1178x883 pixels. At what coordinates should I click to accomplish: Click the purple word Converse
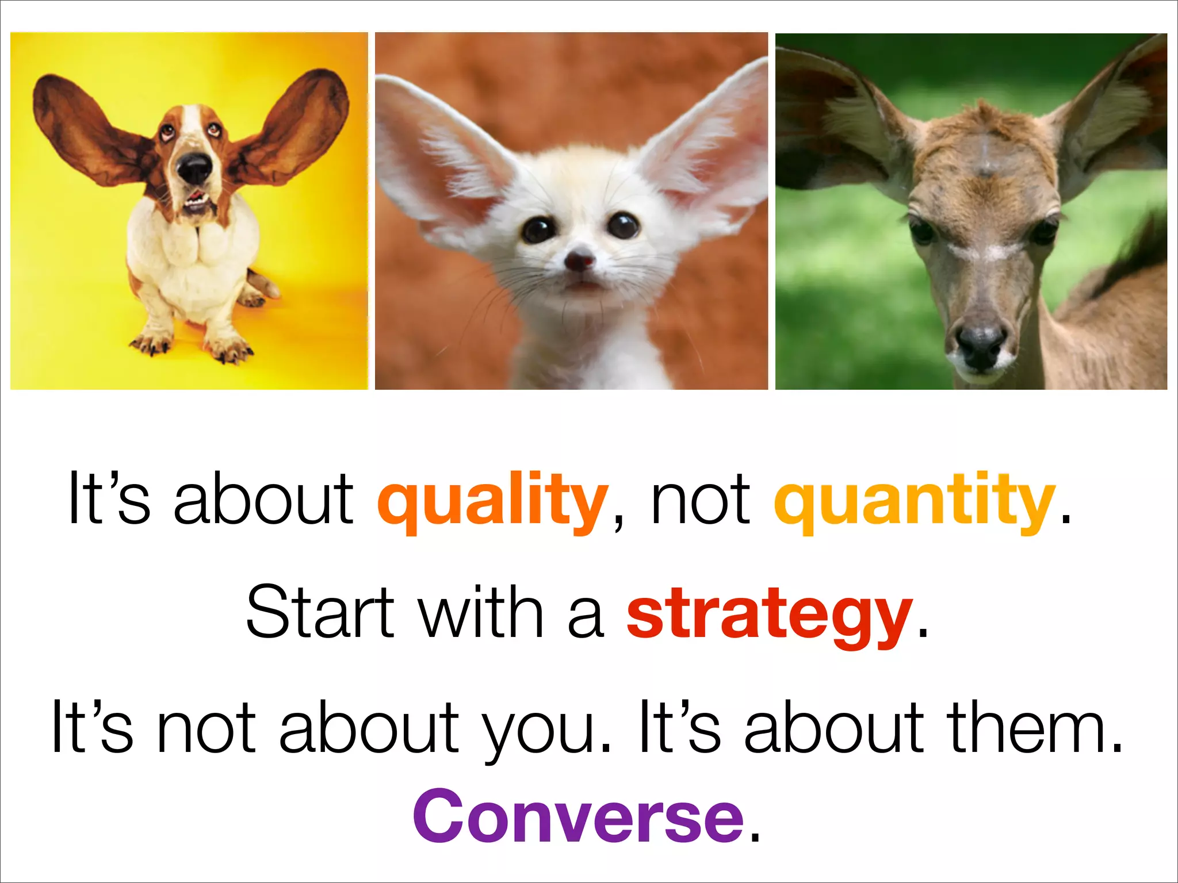coord(578,816)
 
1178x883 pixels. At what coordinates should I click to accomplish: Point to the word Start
coord(320,612)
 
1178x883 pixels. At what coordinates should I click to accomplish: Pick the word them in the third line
coord(1033,728)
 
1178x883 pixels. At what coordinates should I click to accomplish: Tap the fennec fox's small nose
coord(579,260)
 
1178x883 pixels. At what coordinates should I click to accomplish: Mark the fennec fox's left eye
coord(537,229)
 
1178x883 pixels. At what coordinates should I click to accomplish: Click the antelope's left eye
coord(923,231)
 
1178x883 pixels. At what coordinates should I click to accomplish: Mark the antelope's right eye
coord(1044,229)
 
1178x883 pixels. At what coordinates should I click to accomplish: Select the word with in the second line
coord(480,612)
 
